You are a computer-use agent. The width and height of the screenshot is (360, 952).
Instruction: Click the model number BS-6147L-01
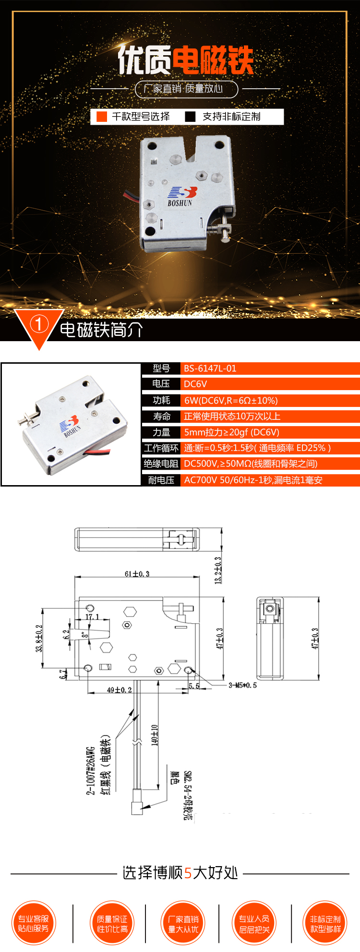tap(210, 369)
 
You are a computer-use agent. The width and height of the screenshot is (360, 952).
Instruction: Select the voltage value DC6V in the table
tap(195, 384)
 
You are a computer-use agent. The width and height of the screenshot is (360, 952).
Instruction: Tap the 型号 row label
tap(161, 369)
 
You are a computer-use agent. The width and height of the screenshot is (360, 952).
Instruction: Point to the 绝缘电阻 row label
tap(161, 464)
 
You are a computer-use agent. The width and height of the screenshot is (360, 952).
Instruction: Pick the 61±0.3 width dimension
tap(137, 573)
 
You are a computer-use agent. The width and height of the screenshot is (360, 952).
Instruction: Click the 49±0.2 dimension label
tap(119, 690)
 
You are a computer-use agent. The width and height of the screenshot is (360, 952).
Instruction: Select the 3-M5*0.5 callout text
tap(242, 685)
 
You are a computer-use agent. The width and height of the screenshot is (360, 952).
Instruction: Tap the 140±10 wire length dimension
tap(155, 735)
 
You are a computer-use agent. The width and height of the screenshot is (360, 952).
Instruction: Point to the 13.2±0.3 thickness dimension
tap(218, 570)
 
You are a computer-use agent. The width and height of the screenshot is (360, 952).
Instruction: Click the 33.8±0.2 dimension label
tap(39, 638)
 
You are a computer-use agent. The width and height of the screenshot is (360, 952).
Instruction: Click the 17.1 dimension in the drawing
tap(92, 617)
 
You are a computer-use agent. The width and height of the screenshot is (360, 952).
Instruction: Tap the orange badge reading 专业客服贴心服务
tap(34, 923)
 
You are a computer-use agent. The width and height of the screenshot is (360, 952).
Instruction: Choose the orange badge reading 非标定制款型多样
tap(325, 923)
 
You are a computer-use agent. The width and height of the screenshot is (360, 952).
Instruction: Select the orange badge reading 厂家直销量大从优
tap(183, 923)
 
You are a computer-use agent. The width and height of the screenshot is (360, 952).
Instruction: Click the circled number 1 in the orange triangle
tap(39, 324)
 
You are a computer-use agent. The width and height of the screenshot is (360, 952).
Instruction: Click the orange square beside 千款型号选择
tap(102, 117)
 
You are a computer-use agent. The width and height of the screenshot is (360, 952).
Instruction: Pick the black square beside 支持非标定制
tap(191, 117)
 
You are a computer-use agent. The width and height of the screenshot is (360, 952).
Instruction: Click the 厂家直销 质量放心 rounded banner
tap(186, 89)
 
